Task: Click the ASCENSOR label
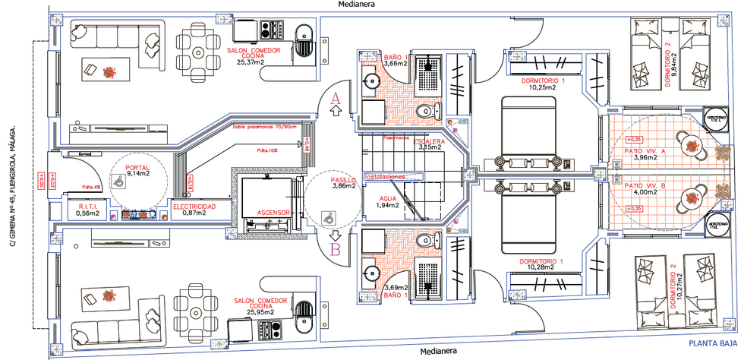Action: (x=272, y=212)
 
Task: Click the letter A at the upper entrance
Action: (x=337, y=97)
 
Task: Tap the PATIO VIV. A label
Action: (x=644, y=152)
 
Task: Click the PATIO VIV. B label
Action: (x=644, y=185)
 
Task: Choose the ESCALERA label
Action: (x=430, y=141)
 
